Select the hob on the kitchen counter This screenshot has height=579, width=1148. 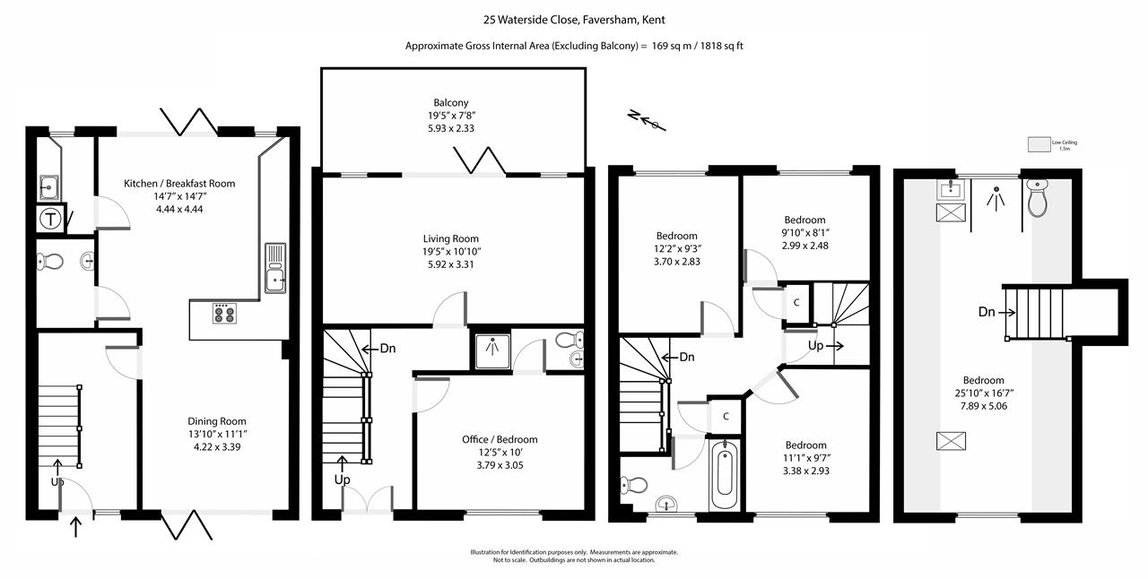click(x=223, y=314)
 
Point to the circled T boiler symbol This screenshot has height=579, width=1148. click(x=51, y=219)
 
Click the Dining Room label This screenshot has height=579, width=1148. click(x=217, y=421)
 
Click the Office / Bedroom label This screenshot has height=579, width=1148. click(x=500, y=439)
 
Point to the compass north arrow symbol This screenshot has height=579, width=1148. click(x=647, y=120)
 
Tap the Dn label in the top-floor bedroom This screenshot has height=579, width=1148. click(x=987, y=313)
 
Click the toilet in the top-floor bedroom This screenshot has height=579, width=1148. click(x=1037, y=198)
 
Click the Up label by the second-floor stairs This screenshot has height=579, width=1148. click(x=816, y=345)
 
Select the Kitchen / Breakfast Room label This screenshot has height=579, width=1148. click(x=179, y=183)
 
